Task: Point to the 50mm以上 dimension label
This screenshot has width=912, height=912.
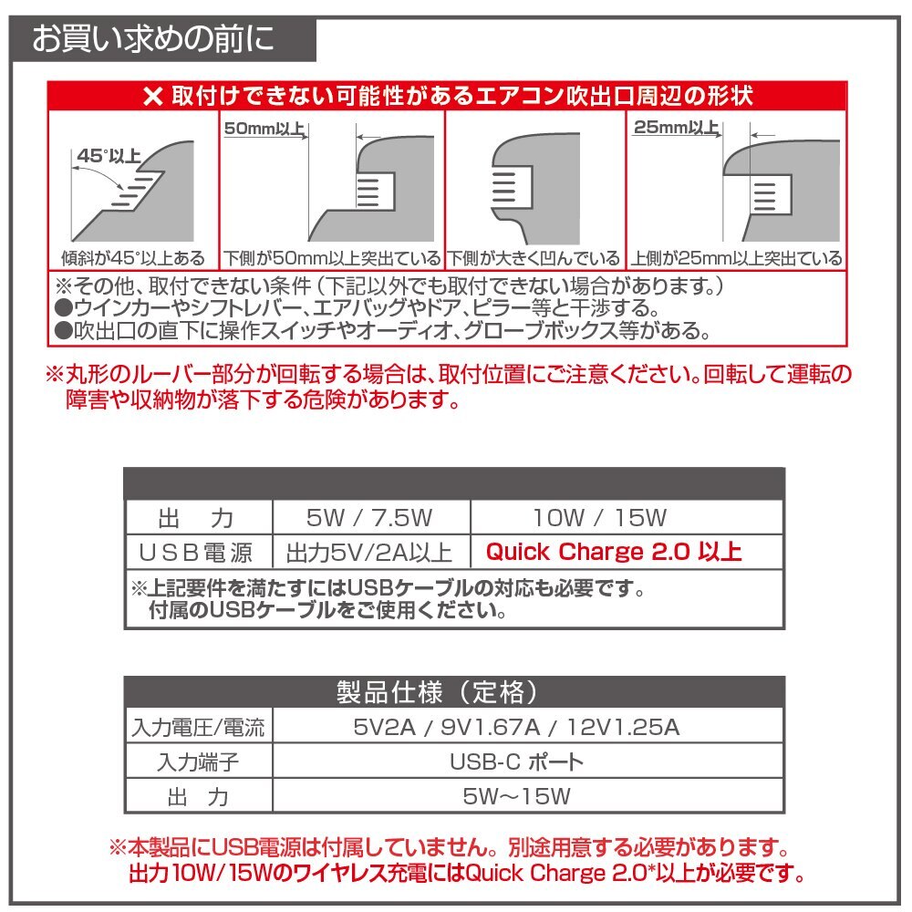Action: (264, 129)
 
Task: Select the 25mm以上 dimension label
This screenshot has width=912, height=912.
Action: (676, 129)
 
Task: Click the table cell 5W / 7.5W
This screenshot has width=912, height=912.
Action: (369, 519)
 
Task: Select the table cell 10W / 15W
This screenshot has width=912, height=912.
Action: (600, 519)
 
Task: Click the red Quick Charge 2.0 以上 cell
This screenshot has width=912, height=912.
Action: (613, 552)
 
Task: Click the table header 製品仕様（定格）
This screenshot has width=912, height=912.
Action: (453, 691)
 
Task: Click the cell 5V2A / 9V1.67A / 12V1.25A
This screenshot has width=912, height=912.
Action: (516, 728)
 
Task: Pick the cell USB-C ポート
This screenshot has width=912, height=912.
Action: (516, 762)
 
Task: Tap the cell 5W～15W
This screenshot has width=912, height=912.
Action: (516, 796)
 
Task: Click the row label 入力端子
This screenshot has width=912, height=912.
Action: (198, 762)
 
